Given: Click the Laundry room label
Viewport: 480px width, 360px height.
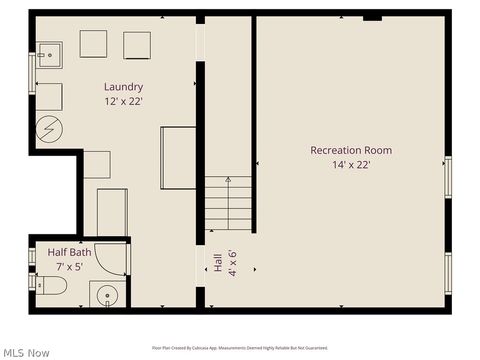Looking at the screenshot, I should coord(124,87).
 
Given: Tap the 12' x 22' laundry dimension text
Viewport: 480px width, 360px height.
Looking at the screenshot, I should coord(124,101).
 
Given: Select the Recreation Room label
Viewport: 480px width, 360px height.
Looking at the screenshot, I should coord(351,150).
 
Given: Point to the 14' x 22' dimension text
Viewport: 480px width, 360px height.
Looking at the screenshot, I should coord(351,165).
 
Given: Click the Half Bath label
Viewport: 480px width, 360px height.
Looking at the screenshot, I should coord(69,253).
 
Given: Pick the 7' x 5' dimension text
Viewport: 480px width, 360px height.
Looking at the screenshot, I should coord(69,267).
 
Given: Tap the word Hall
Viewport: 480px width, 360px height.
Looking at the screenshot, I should coord(217,264).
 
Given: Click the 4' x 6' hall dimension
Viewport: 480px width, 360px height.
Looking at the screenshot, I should coord(232,264).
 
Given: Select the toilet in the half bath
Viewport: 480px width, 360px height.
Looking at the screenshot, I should coord(50,287).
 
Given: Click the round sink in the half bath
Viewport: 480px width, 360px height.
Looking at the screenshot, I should coord(105,295).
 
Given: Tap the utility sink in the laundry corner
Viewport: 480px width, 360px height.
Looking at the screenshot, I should coord(49,53).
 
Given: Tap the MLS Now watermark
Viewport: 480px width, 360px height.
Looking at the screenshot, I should coord(26,352).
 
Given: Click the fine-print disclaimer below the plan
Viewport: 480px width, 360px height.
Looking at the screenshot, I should coord(240,347).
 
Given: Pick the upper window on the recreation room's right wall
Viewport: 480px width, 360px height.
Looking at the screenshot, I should coord(448,177).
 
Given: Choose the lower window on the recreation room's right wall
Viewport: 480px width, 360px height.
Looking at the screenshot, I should coord(448,272).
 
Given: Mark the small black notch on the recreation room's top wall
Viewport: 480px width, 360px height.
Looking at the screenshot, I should coord(372,17).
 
